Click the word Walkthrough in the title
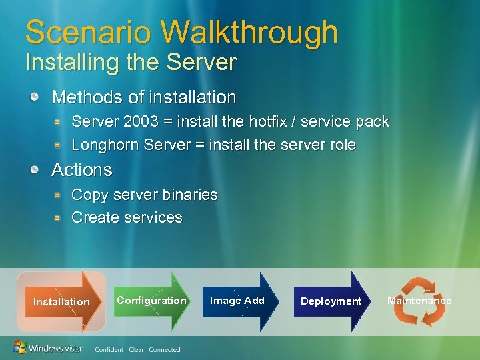point(249,32)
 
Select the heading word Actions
point(81,170)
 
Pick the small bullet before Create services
point(59,217)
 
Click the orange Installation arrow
point(62,301)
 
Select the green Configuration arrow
point(152,301)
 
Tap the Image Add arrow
point(237,301)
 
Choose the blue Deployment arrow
point(331,301)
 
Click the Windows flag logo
point(20,347)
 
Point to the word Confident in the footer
point(109,349)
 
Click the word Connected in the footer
point(165,349)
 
